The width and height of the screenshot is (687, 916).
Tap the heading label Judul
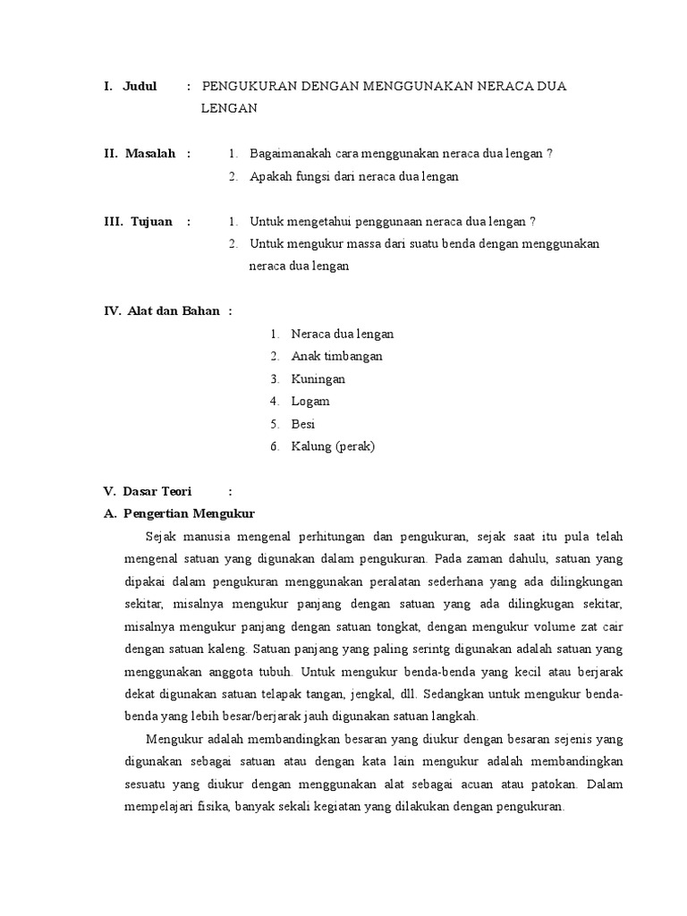[x=140, y=86]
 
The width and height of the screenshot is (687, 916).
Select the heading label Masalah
[x=150, y=153]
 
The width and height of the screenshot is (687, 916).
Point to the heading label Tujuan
[x=151, y=221]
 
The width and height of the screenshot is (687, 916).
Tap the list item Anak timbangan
[x=336, y=356]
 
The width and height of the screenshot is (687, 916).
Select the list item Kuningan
[x=318, y=378]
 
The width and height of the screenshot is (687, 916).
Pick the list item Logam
[x=310, y=402]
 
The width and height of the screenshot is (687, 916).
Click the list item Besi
[x=303, y=424]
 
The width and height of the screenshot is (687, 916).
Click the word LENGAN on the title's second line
[x=229, y=108]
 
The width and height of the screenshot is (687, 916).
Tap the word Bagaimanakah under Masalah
[x=292, y=153]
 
